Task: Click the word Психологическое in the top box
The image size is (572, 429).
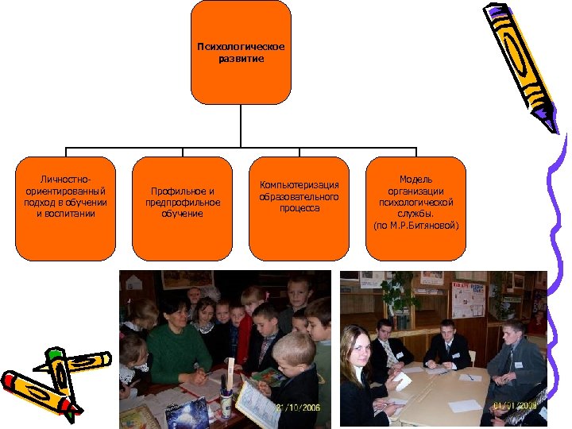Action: click(x=241, y=46)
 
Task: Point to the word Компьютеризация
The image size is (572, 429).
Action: click(x=299, y=185)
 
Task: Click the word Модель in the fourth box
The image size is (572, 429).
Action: click(x=415, y=180)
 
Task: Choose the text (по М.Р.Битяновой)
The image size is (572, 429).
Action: click(x=415, y=226)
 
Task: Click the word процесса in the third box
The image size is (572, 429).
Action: click(x=299, y=208)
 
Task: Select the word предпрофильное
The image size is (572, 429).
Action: click(x=183, y=203)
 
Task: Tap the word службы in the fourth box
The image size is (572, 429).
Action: click(x=415, y=214)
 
